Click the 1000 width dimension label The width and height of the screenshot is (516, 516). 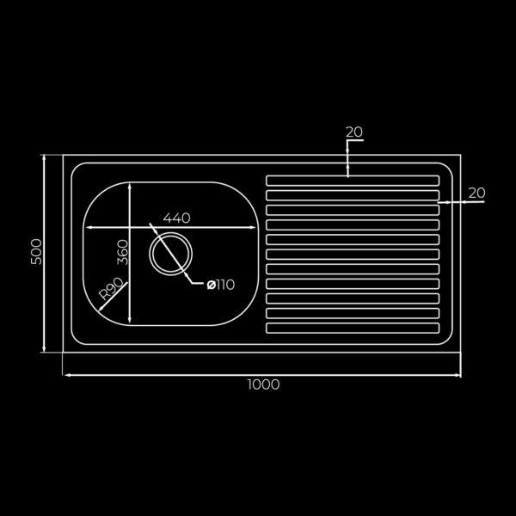tap(263, 385)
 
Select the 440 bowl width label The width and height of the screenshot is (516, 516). tap(176, 218)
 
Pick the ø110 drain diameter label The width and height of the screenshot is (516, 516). tap(220, 286)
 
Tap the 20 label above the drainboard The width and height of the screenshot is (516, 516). tap(353, 132)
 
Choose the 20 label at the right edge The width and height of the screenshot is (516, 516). tap(476, 193)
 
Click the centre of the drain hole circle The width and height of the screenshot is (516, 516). tap(169, 253)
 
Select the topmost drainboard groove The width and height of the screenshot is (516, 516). tap(353, 181)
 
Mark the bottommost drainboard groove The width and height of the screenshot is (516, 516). tap(353, 328)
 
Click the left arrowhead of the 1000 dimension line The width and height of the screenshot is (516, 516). tap(65, 376)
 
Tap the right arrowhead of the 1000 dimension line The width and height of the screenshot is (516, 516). tap(458, 376)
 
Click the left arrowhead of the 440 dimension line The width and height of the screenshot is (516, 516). tap(85, 228)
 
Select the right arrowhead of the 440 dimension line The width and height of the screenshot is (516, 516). tap(255, 228)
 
